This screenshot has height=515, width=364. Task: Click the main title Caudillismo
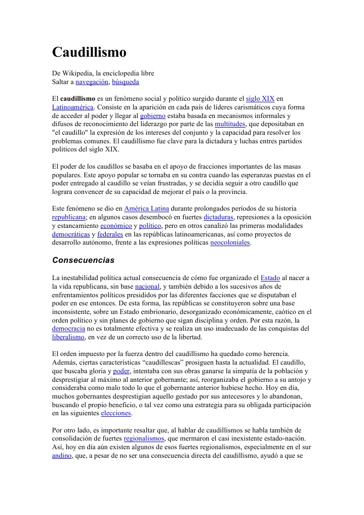pos(89,53)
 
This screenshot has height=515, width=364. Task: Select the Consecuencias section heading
pos(84,260)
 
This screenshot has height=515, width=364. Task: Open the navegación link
pos(92,82)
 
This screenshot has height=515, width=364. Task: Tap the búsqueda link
pos(126,82)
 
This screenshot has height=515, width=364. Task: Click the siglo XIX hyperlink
pos(260,98)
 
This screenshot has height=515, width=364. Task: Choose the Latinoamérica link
pos(73,107)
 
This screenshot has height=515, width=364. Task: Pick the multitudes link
pos(230,124)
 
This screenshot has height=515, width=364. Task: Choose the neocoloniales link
pos(230,243)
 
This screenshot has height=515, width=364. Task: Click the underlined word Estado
pos(270,278)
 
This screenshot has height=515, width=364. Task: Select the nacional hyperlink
pos(147,287)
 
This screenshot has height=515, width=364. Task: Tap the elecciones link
pos(116,413)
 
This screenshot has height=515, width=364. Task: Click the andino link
pos(62,456)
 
